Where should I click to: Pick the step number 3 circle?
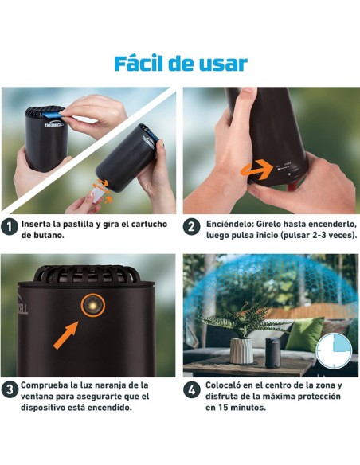[x=10, y=390]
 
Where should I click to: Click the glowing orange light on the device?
[x=92, y=306]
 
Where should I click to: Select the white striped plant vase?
[x=241, y=349]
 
